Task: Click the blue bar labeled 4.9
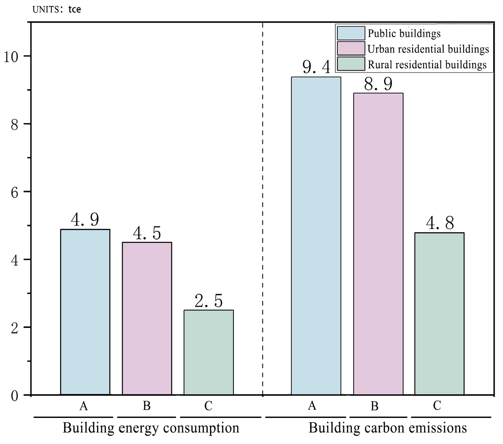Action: click(x=85, y=312)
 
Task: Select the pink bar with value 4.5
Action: click(x=147, y=318)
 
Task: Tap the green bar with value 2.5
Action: click(x=208, y=352)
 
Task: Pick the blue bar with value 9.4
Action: click(x=316, y=236)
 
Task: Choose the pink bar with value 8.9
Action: click(x=378, y=244)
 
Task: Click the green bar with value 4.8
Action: click(x=439, y=314)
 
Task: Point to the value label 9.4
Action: click(x=316, y=67)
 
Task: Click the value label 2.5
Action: click(x=208, y=301)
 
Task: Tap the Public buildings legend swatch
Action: click(x=351, y=33)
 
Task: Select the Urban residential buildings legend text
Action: click(x=428, y=49)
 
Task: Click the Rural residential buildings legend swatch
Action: click(x=351, y=64)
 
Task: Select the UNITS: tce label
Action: click(x=57, y=9)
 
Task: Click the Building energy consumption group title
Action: click(x=151, y=428)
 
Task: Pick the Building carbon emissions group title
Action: click(x=387, y=428)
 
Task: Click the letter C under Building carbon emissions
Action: click(x=437, y=406)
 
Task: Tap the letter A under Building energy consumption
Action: click(x=83, y=406)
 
